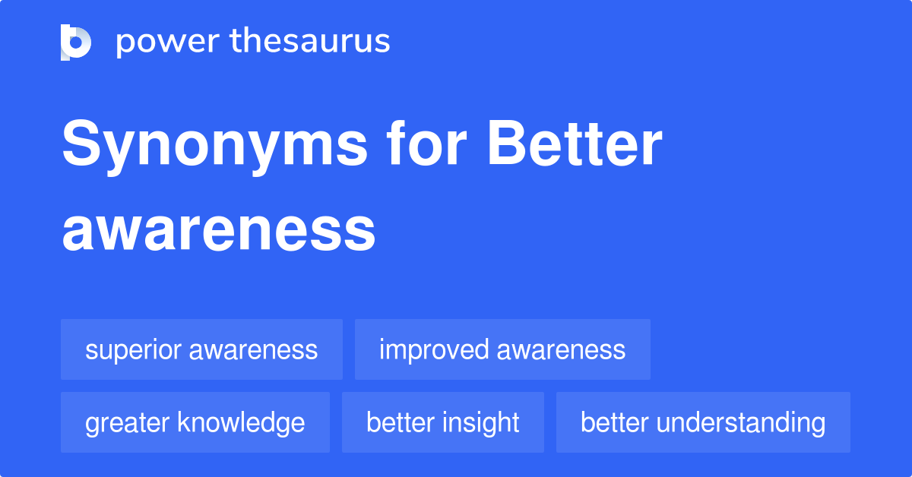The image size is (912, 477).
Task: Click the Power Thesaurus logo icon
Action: (x=76, y=42)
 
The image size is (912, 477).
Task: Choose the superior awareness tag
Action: (x=201, y=349)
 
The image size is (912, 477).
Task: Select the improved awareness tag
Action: (x=502, y=349)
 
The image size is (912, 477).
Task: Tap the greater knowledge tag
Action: (x=195, y=422)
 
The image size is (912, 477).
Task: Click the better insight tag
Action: (x=443, y=422)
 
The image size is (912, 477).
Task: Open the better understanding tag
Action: (x=703, y=422)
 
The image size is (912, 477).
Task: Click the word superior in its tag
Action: (x=133, y=350)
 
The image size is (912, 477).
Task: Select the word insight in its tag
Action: (x=484, y=423)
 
